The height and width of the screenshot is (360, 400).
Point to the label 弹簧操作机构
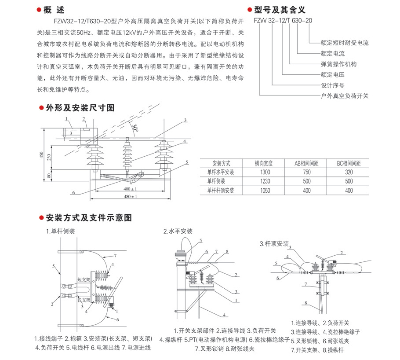[338, 64]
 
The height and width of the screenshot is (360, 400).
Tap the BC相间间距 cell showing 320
[349, 172]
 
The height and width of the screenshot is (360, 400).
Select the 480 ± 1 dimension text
[130, 196]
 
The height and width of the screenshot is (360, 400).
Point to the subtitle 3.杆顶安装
[274, 243]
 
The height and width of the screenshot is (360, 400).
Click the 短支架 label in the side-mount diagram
[84, 279]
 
